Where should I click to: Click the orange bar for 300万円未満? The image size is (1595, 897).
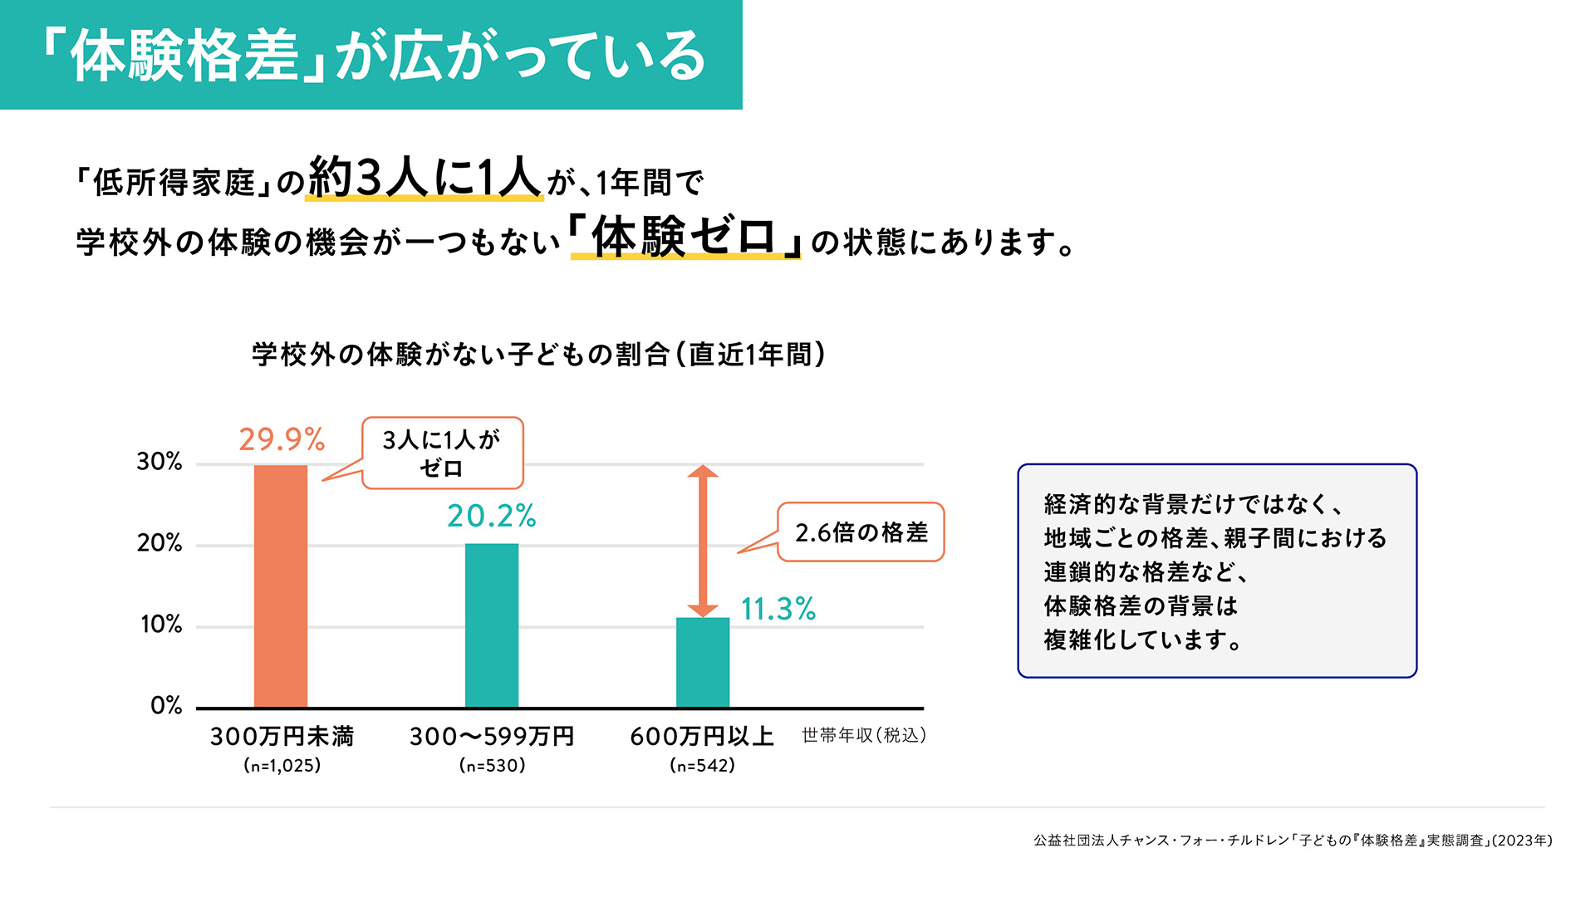281,586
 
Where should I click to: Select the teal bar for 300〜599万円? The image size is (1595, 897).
492,625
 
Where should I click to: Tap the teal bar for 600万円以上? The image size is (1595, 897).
703,662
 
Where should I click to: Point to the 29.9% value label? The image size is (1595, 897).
282,439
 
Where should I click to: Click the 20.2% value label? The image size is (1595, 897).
492,516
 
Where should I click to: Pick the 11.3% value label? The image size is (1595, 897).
778,609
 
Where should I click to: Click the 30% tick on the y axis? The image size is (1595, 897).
159,462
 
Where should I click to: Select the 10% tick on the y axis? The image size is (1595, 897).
161,625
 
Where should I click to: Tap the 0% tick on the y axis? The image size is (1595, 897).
166,706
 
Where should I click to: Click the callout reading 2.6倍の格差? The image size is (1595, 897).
861,532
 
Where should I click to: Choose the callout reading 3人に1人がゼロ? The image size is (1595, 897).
442,453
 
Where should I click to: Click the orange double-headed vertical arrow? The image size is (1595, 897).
703,541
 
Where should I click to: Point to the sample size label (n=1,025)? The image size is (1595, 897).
282,765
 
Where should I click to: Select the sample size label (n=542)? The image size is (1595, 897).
703,765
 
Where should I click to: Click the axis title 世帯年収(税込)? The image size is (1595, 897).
864,735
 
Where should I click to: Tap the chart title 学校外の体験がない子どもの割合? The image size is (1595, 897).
538,355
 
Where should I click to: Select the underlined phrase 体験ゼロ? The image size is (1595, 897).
685,237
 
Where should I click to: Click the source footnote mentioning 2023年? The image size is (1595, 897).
1293,841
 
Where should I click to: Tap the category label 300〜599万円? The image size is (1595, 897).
492,737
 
